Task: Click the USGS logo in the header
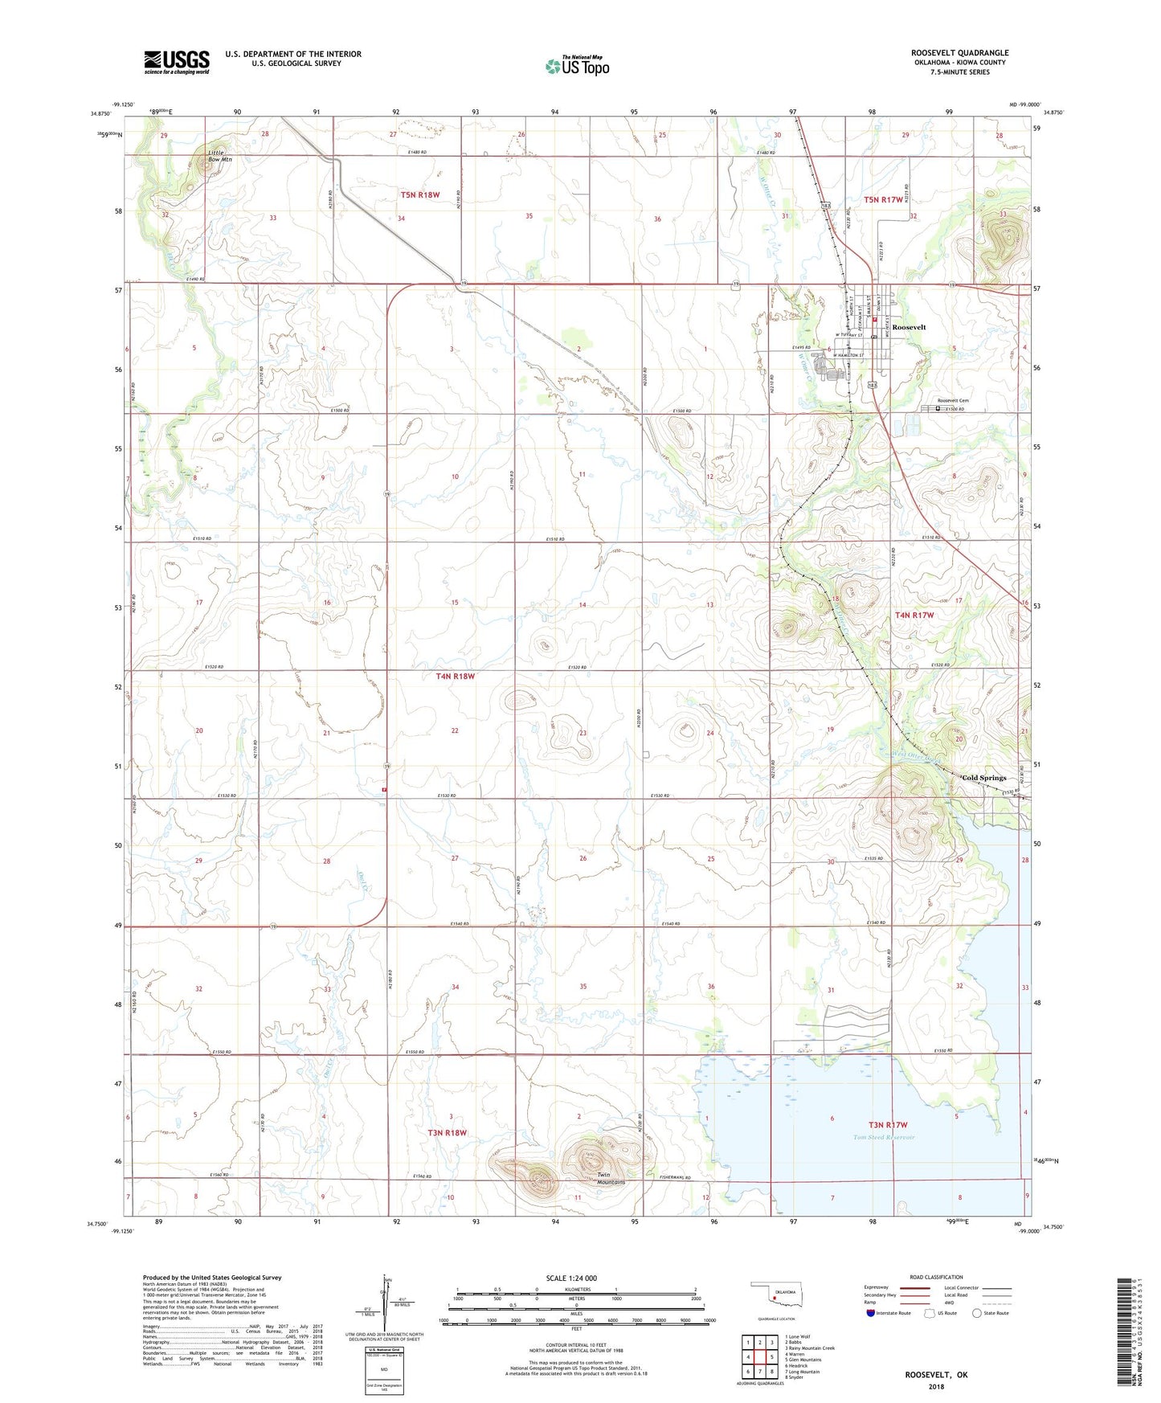(176, 62)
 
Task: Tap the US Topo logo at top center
(577, 66)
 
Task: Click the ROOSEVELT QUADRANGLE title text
(959, 53)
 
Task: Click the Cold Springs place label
(983, 778)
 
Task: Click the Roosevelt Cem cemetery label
(953, 401)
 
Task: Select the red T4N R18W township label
(455, 677)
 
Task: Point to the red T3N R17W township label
(887, 1125)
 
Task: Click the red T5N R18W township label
(420, 194)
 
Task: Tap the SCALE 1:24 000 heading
(570, 1278)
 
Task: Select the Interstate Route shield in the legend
(871, 1315)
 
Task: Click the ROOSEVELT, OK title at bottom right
(936, 1375)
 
